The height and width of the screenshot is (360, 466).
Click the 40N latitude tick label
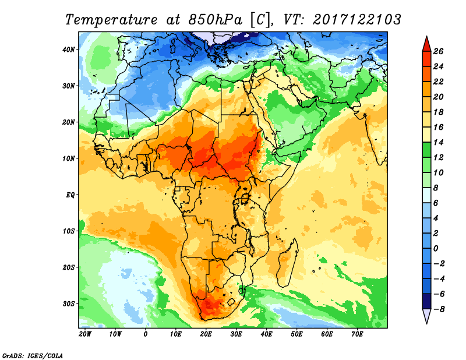pos(69,50)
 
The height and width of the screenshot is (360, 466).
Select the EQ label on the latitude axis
pos(70,195)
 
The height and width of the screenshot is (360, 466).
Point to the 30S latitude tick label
pos(69,303)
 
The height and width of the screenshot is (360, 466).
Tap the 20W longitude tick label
pos(85,334)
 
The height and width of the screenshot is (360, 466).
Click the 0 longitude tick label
pos(146,334)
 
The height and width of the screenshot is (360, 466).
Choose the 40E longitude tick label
pos(266,334)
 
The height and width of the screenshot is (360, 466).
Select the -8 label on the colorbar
pos(440,309)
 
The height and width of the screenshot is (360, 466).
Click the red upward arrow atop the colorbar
pos(426,43)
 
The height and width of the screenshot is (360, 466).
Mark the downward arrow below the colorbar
pos(426,315)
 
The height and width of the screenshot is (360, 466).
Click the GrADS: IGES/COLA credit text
pos(33,355)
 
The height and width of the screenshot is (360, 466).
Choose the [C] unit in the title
pos(260,19)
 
